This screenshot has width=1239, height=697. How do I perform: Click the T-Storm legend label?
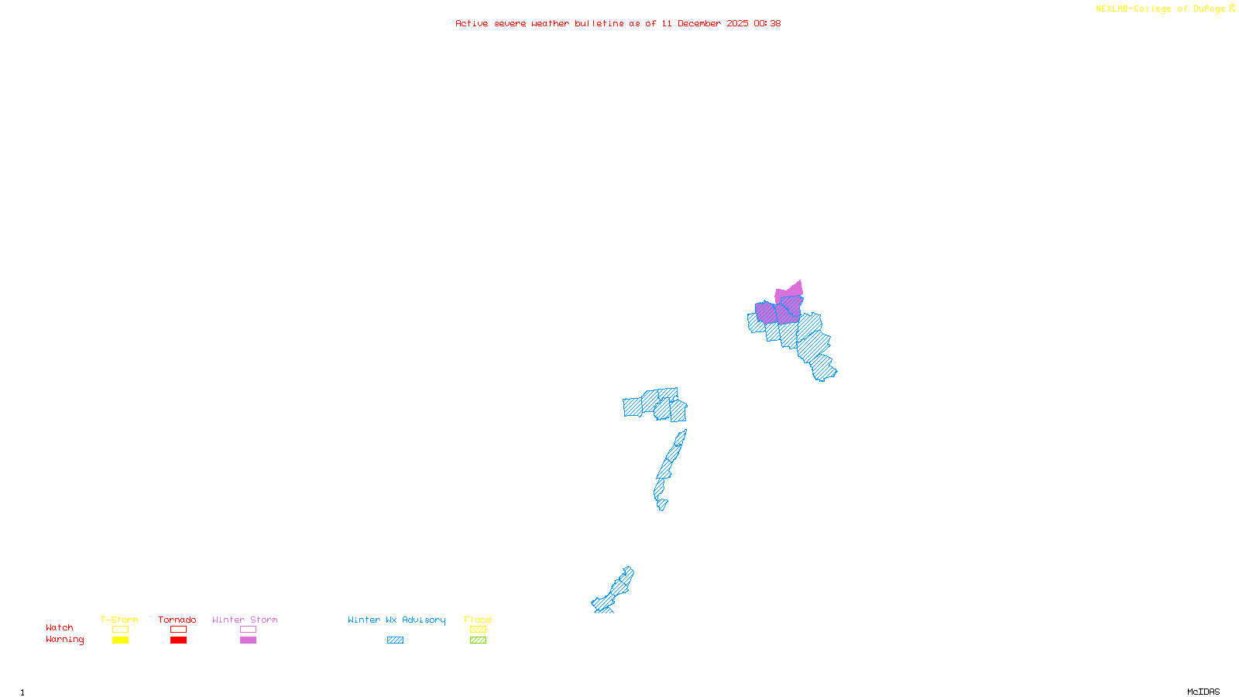tap(119, 620)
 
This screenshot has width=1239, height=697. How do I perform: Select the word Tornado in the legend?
tap(177, 620)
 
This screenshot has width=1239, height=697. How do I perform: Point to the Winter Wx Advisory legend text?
tap(396, 620)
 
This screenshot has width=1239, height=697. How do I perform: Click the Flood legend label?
tap(478, 620)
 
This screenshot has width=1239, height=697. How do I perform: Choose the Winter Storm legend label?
tap(245, 620)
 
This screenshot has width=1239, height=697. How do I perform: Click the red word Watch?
tap(60, 628)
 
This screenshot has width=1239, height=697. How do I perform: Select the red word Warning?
tap(65, 640)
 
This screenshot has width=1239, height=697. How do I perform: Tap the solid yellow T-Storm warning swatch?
tap(120, 640)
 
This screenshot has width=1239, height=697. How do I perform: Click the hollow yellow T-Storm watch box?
tap(120, 630)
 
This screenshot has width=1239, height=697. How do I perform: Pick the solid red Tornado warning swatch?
tap(179, 640)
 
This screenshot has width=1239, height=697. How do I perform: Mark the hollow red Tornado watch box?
tap(179, 630)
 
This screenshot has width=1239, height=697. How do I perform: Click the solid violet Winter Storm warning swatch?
tap(248, 640)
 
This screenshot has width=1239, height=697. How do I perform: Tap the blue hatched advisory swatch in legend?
tap(395, 640)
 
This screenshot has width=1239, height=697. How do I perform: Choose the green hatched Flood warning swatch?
tap(479, 640)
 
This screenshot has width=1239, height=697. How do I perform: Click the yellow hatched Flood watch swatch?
tap(479, 630)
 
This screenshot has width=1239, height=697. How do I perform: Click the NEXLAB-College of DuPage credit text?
tap(1161, 9)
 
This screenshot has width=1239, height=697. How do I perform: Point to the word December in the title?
tap(699, 23)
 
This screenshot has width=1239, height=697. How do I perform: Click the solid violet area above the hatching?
tap(791, 291)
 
